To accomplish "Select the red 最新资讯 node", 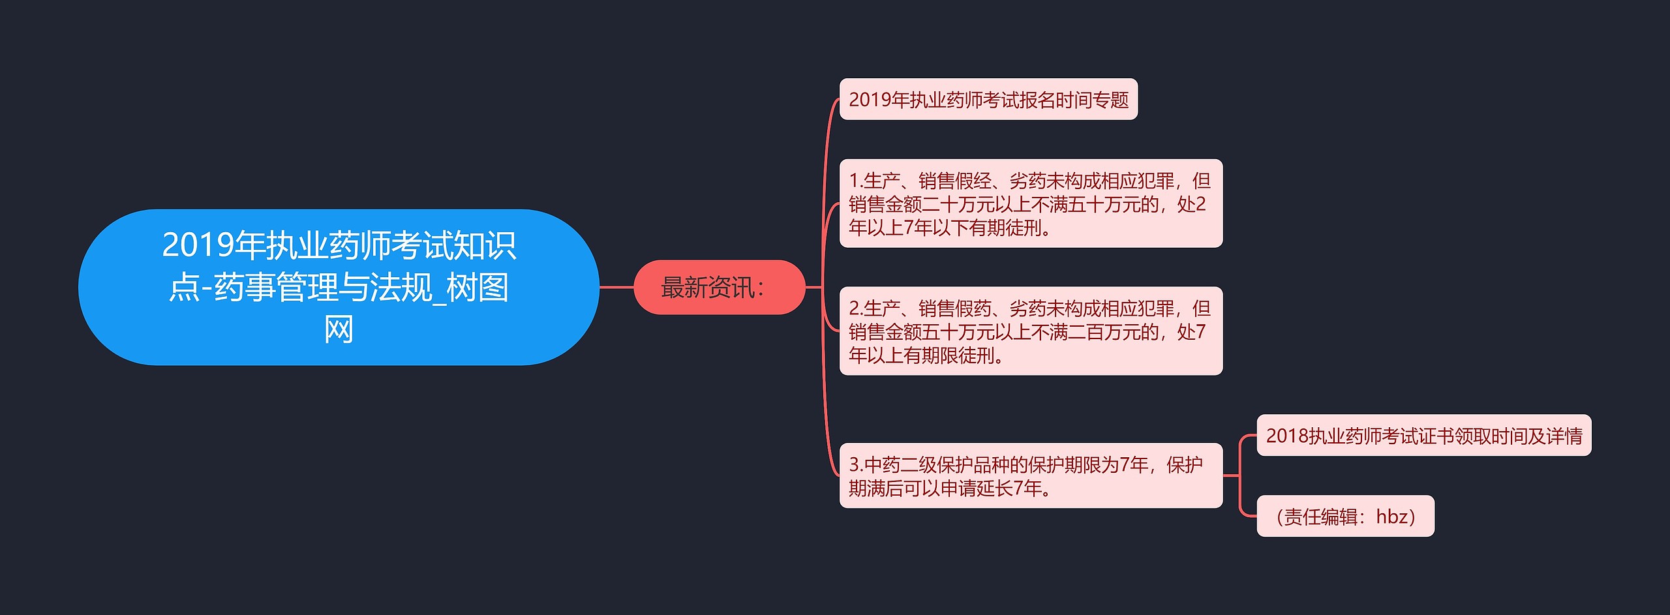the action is coord(719,288).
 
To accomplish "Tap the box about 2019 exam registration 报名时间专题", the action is coord(988,100).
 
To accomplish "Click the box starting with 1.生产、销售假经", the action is coord(1030,203).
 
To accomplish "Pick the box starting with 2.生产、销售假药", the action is coord(1030,331).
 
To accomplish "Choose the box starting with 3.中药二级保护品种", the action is coord(1030,475).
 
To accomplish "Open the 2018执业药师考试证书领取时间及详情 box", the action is coord(1423,436).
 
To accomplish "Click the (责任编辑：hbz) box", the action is coord(1344,517).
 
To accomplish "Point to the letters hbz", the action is coord(1391,517).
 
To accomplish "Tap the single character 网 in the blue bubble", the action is coord(339,329).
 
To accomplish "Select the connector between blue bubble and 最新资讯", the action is coord(616,287).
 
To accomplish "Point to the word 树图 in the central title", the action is coord(478,288).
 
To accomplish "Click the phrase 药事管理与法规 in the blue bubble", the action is coord(323,288).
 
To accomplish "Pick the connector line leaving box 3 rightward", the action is coord(1231,476).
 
